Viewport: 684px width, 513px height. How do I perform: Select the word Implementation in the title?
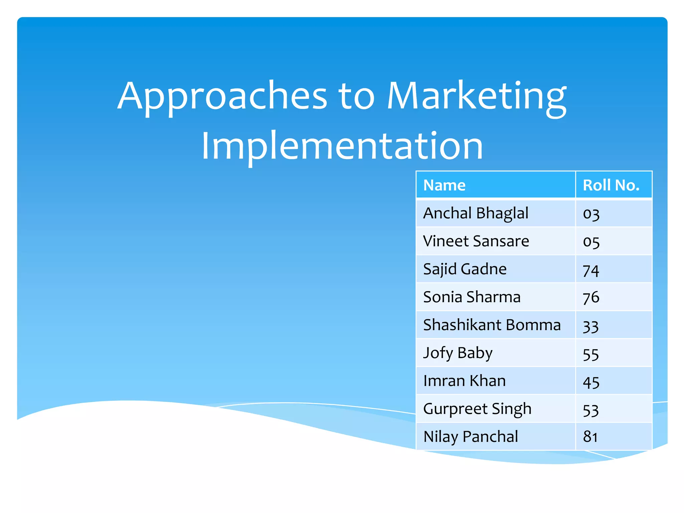pyautogui.click(x=342, y=146)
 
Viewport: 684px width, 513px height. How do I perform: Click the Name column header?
pyautogui.click(x=444, y=185)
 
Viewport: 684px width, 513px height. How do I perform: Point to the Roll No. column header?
pyautogui.click(x=611, y=185)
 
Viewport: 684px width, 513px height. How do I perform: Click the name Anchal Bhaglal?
pyautogui.click(x=476, y=213)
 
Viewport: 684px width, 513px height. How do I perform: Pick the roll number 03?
pyautogui.click(x=591, y=214)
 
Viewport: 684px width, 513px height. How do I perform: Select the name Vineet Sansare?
pyautogui.click(x=476, y=241)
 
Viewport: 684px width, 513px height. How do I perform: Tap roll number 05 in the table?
pyautogui.click(x=591, y=242)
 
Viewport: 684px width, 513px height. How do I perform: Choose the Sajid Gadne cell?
pyautogui.click(x=465, y=269)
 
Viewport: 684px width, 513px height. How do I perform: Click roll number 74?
pyautogui.click(x=591, y=270)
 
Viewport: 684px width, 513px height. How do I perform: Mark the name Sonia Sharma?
pyautogui.click(x=472, y=297)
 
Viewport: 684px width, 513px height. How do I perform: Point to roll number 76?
pyautogui.click(x=591, y=298)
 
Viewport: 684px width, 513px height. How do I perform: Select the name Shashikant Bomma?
pyautogui.click(x=492, y=325)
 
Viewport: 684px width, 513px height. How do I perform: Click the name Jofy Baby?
pyautogui.click(x=458, y=353)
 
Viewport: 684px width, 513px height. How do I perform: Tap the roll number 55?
pyautogui.click(x=591, y=354)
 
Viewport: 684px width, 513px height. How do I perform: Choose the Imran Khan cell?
pyautogui.click(x=465, y=381)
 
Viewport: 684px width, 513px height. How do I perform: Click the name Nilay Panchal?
pyautogui.click(x=471, y=437)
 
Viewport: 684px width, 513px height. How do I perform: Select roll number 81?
pyautogui.click(x=590, y=437)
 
